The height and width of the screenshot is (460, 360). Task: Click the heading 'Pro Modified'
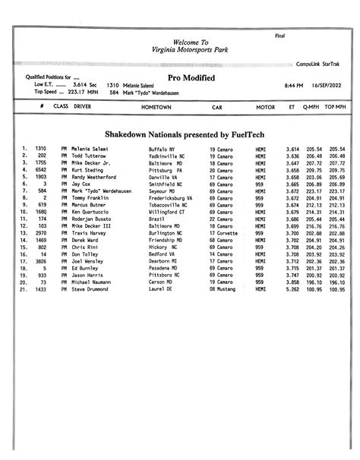pyautogui.click(x=191, y=78)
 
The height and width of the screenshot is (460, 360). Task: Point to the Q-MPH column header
pyautogui.click(x=310, y=108)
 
